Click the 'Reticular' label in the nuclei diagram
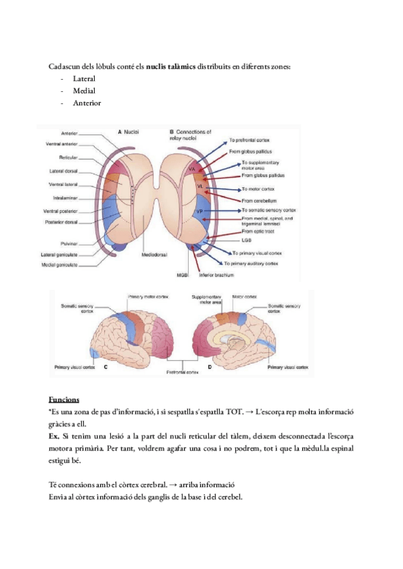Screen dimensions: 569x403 click(70, 158)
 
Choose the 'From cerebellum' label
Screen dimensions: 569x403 click(257, 200)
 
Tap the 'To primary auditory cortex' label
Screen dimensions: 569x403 click(264, 263)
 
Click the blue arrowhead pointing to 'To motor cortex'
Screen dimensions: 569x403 click(238, 190)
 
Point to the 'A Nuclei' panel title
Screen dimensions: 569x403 click(128, 132)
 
